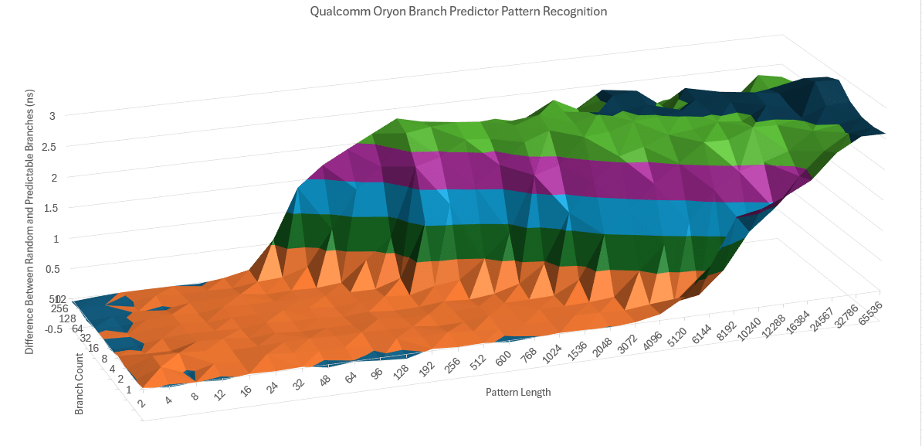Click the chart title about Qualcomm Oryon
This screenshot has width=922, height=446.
(458, 12)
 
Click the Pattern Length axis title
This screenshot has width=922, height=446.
(518, 392)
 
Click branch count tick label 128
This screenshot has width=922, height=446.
(68, 319)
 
